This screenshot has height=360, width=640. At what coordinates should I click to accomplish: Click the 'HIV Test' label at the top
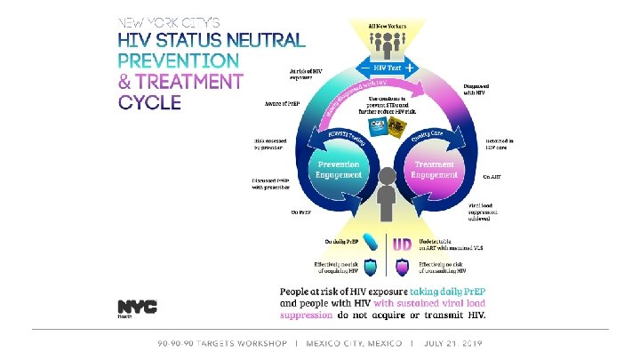point(387,68)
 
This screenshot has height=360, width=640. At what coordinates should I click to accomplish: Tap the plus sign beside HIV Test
point(410,68)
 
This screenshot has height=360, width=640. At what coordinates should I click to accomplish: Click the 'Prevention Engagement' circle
point(338,170)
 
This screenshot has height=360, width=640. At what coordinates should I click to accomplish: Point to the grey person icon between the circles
point(387,195)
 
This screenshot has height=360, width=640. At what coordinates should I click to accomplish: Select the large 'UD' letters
point(402,244)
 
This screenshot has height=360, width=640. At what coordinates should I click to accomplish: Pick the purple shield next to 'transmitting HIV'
point(402,268)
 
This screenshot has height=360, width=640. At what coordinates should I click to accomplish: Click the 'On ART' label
point(491,176)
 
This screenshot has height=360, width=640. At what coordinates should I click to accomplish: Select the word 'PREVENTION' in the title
point(179,60)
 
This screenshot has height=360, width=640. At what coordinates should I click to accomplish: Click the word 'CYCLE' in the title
point(150,100)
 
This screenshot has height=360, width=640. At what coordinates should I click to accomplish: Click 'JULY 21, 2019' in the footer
point(454,342)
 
